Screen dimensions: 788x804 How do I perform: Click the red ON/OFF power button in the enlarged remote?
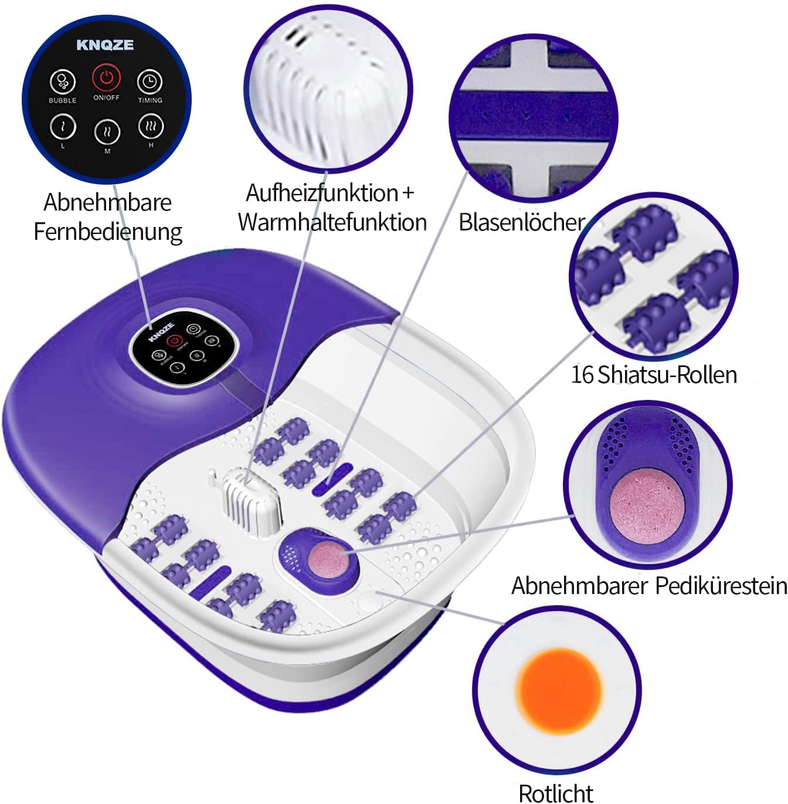[106, 77]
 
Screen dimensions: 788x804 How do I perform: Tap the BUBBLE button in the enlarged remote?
[63, 81]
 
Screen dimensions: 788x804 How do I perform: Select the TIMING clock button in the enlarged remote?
[150, 82]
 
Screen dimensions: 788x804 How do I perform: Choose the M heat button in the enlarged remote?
[107, 132]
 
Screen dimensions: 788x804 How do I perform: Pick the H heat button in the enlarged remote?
[151, 126]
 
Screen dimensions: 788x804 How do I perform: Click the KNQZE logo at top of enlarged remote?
[105, 45]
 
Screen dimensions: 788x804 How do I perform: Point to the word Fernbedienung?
[108, 232]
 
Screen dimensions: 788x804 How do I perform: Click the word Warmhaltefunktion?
[332, 222]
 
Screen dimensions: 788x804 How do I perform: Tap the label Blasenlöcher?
[521, 222]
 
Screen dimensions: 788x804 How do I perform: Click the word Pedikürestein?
[721, 586]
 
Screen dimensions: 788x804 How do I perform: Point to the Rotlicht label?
[556, 793]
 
